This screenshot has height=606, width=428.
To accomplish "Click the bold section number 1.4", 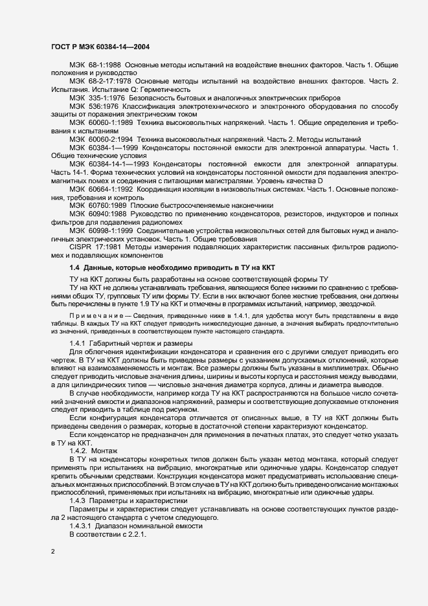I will [x=74, y=267].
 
